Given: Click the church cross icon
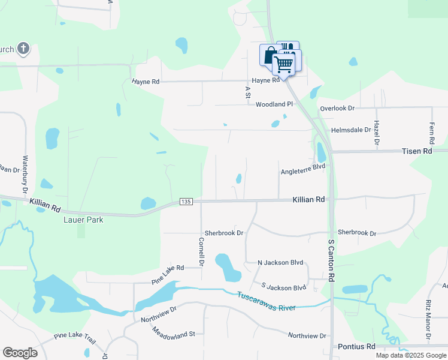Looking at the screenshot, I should point(23,49).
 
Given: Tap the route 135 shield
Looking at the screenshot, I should point(186,203).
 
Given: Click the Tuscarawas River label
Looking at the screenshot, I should point(267,301).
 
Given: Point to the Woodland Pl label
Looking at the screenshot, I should point(274,104).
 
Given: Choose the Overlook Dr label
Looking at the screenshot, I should point(337,108).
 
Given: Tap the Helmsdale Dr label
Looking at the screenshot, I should point(351,130).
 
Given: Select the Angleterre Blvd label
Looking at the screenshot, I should point(303,172).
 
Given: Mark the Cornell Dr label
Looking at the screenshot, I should point(201,253).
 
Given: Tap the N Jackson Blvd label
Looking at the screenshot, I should point(280,263).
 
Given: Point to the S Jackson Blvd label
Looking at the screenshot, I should point(284,287).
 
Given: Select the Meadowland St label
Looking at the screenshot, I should point(174,332).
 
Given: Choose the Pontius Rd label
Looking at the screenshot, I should point(356,346).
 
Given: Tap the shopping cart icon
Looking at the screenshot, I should point(284,63).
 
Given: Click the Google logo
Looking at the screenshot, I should point(20,352).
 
